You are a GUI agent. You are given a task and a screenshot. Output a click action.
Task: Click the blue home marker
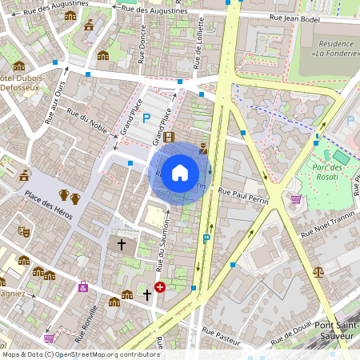180,173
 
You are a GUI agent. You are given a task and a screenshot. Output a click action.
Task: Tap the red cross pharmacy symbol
160,286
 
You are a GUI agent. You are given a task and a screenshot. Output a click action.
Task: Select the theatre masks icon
25,230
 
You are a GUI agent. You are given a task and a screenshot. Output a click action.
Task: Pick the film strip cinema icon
169,137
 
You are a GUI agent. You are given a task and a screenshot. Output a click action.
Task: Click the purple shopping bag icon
83,286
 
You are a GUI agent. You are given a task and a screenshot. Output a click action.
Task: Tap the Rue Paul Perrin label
242,193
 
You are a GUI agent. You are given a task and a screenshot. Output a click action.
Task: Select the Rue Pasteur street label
221,335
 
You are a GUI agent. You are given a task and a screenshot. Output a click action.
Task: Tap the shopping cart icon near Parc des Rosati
296,199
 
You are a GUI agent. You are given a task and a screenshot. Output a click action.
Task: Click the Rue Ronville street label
90,320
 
